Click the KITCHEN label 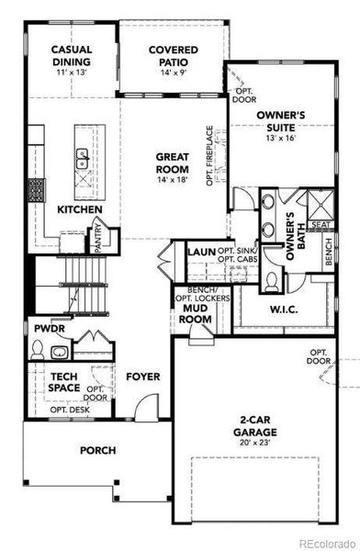pos(80,209)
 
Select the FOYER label pos(143,377)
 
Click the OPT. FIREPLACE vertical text pos(209,156)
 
